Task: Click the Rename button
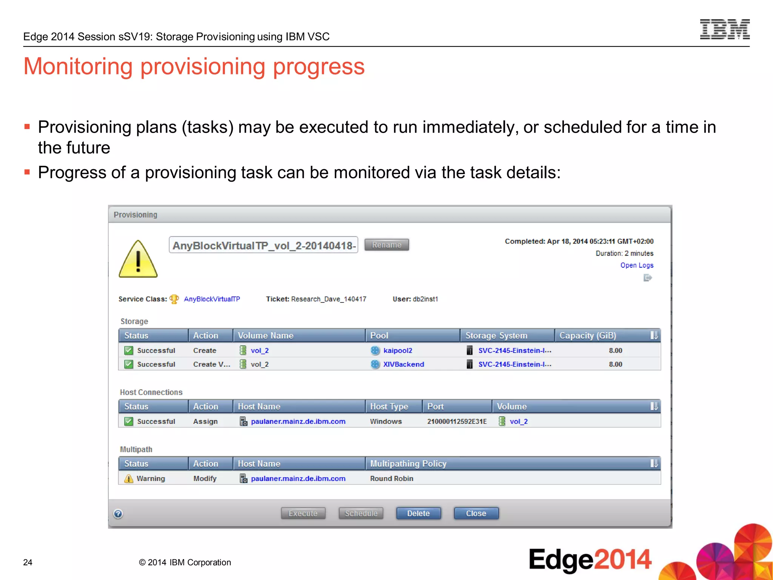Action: [386, 245]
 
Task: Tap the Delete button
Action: [418, 513]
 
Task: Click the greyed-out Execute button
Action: [303, 513]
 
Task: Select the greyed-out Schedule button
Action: [361, 513]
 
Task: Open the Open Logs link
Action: [637, 265]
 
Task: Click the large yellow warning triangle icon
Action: [138, 259]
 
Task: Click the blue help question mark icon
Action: [118, 514]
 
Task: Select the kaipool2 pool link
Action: [397, 350]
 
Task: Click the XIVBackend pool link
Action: [403, 364]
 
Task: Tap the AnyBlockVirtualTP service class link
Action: [212, 299]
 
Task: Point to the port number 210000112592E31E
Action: [457, 421]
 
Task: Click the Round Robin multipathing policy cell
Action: [391, 478]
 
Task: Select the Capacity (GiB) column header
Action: [587, 335]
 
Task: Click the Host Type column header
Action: [389, 406]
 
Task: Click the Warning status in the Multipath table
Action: [150, 478]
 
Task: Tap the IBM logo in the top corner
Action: [725, 29]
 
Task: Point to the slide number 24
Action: [28, 562]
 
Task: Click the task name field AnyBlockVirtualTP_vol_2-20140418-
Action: [263, 245]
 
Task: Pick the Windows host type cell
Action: [386, 421]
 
